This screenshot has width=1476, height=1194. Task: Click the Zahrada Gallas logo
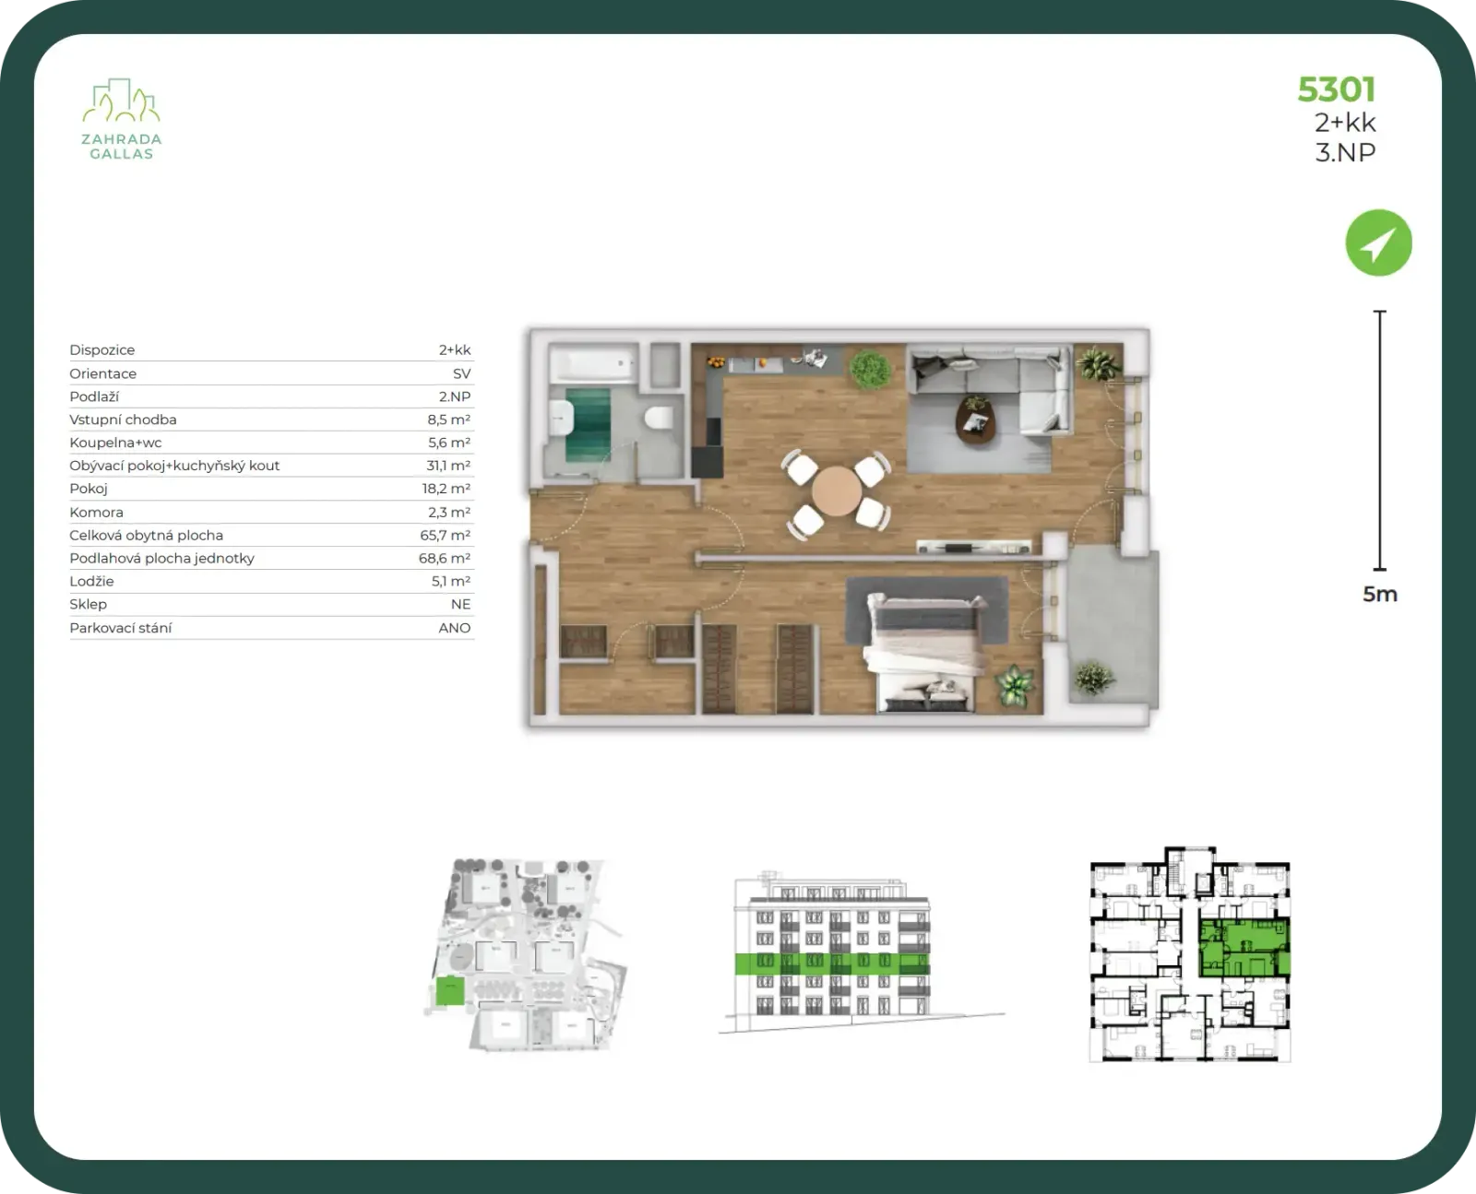122,119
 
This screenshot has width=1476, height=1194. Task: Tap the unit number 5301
1336,90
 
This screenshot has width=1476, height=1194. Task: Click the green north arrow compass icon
1378,243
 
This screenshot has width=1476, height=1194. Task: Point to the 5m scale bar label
1380,594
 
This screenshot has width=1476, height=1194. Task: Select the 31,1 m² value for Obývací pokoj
447,466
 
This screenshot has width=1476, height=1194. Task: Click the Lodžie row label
91,581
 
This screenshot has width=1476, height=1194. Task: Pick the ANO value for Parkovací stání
455,628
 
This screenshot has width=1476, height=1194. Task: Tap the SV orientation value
461,373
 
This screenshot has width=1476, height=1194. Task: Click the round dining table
837,491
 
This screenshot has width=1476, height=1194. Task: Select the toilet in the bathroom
659,418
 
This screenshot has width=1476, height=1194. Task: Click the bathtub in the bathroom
593,363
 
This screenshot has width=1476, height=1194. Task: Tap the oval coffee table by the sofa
976,420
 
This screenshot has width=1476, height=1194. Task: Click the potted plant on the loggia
1093,677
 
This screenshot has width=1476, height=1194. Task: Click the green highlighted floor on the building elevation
832,963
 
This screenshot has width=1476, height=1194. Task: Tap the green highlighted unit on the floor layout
1244,948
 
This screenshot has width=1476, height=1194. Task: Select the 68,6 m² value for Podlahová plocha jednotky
445,558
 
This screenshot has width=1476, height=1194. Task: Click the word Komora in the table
96,513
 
